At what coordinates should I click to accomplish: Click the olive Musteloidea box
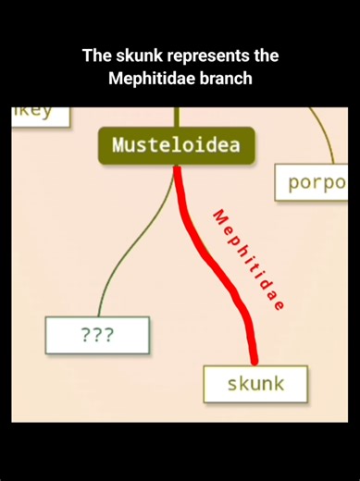[175, 145]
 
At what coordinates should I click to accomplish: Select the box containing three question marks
[97, 335]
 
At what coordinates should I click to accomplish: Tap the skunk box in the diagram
[255, 383]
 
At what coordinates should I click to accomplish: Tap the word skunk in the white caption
[133, 56]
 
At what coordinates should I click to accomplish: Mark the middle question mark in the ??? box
[97, 335]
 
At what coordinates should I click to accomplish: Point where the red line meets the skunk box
[254, 364]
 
